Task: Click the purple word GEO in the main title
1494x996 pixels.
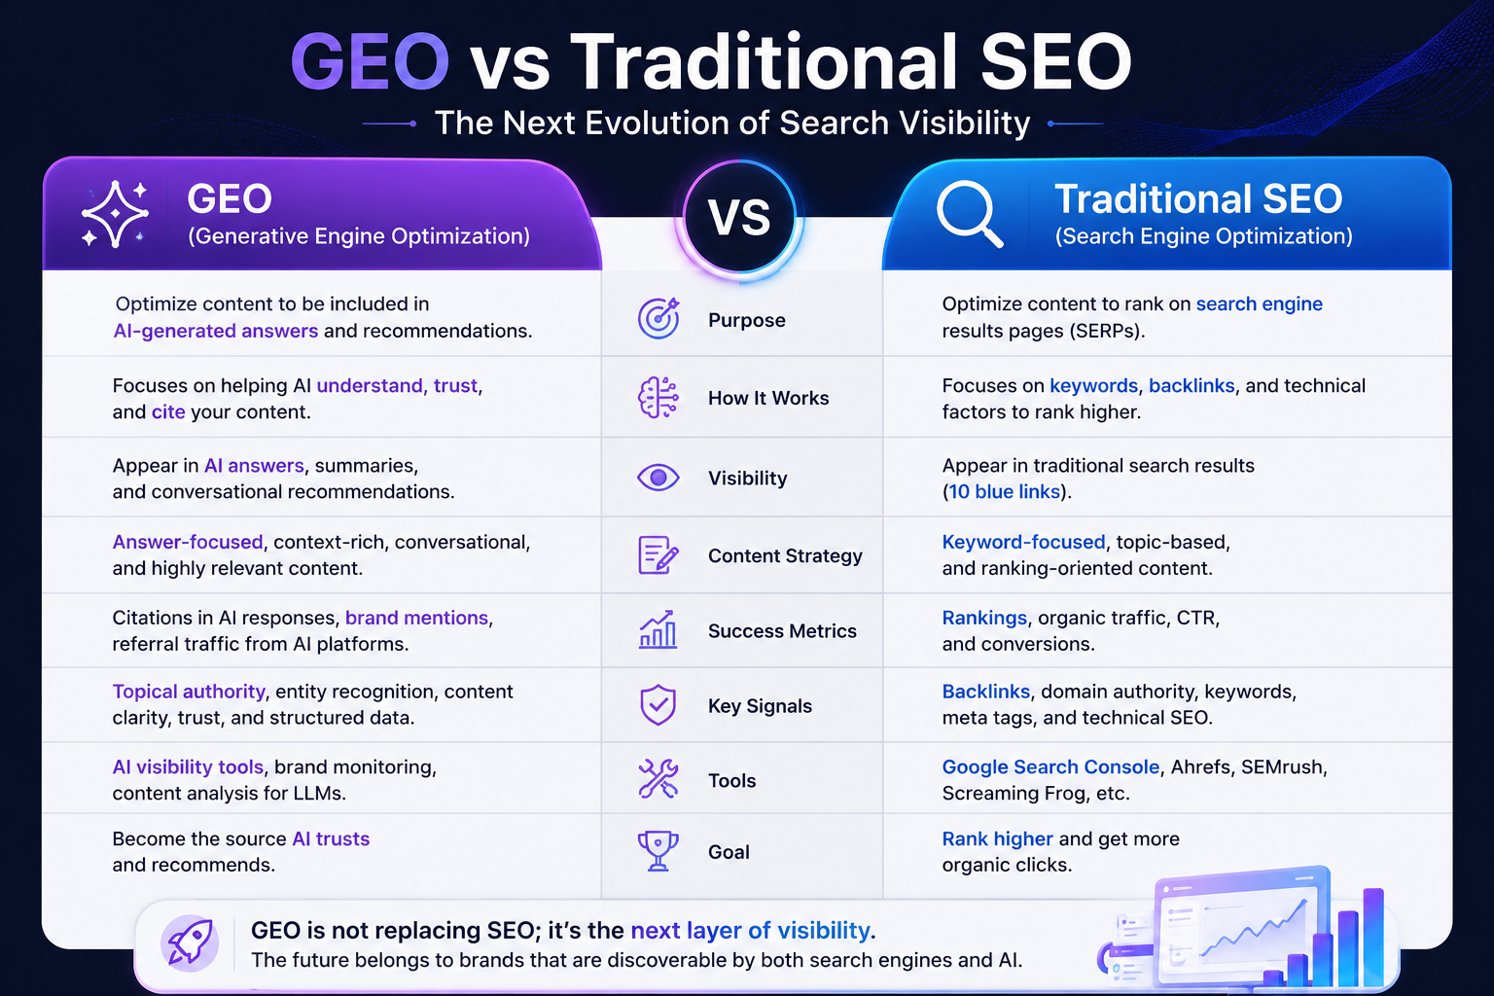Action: (370, 61)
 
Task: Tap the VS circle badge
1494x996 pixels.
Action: (739, 218)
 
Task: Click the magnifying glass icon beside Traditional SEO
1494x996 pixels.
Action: (970, 214)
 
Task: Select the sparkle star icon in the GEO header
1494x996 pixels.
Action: (115, 214)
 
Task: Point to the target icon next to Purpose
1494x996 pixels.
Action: (658, 318)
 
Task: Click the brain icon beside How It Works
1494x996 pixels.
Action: (658, 398)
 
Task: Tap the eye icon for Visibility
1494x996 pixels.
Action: (658, 478)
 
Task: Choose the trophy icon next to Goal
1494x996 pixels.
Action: (658, 850)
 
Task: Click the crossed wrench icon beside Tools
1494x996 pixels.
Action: (658, 778)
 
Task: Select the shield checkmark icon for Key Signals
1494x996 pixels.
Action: (658, 704)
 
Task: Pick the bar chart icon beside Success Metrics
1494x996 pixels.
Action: (658, 629)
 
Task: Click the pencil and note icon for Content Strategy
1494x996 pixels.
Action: (658, 555)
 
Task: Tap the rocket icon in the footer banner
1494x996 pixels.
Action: (190, 943)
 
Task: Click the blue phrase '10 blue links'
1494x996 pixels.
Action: (1004, 491)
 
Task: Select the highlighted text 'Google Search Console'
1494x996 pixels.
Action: (1050, 767)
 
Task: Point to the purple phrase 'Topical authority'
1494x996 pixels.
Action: (189, 692)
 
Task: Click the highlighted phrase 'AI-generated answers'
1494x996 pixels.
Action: (215, 331)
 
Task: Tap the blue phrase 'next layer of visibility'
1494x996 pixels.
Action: (750, 930)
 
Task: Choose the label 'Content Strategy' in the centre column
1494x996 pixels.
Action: (785, 555)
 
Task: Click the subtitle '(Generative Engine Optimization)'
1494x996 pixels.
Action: (359, 236)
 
